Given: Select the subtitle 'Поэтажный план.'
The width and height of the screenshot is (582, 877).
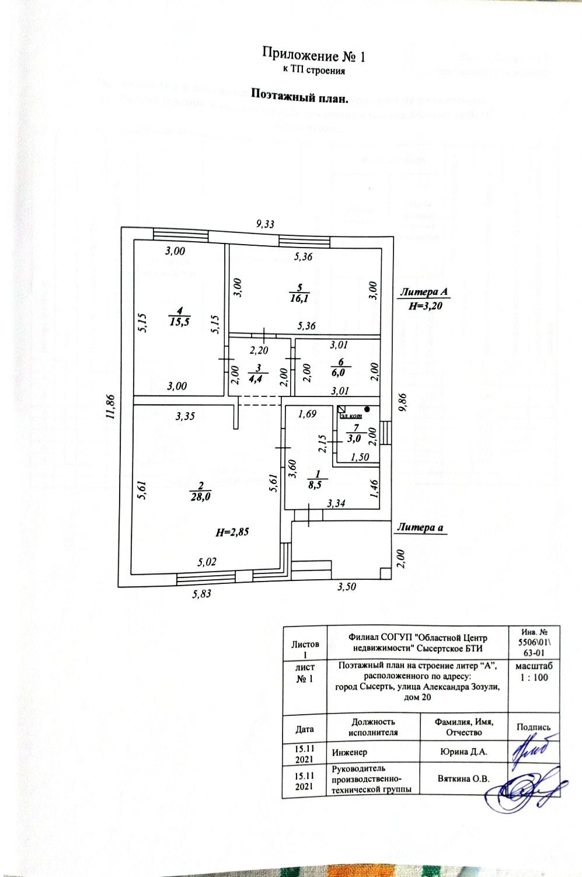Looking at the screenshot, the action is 299,95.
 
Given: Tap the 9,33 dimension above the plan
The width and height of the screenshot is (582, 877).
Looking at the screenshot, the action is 266,222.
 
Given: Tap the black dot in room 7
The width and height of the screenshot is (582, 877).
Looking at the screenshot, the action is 367,409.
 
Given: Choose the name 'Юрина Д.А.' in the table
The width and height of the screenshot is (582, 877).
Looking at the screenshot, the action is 463,752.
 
